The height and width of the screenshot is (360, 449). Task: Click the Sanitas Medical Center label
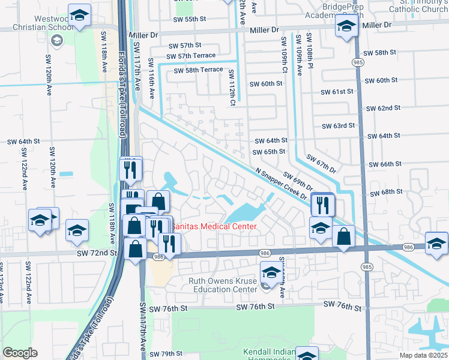[214, 226]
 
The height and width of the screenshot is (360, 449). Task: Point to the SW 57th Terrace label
[194, 55]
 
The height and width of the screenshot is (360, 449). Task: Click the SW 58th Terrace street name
[198, 70]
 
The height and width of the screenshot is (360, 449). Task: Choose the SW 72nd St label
[96, 254]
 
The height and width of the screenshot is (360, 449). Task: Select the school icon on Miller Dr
[346, 26]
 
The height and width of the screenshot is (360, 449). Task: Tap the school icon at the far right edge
[436, 243]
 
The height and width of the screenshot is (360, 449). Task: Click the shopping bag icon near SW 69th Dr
[343, 237]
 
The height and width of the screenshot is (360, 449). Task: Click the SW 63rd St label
[339, 126]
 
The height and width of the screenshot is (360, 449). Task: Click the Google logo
[20, 353]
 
